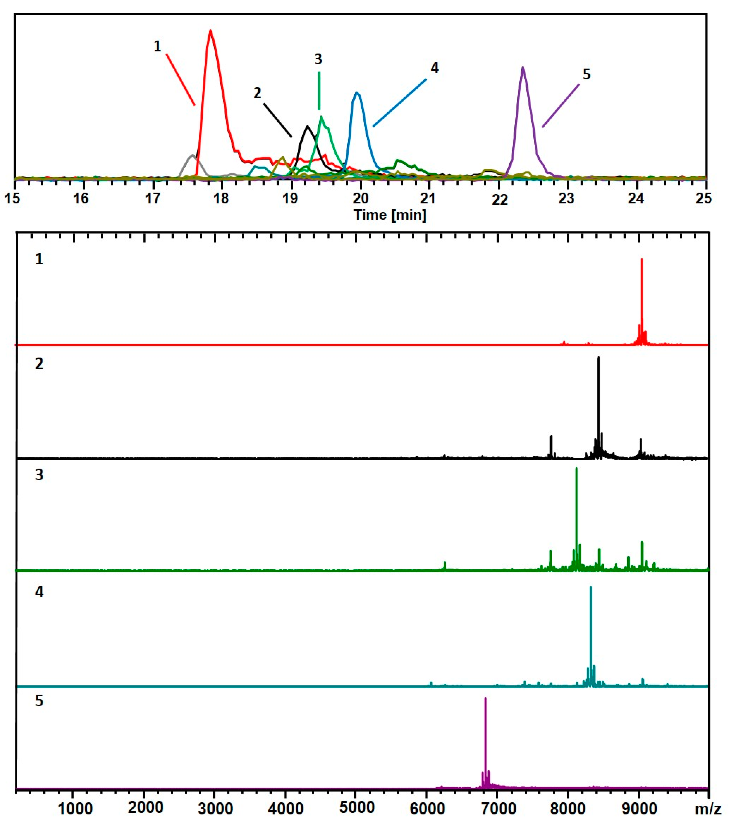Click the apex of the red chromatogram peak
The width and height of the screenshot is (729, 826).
point(210,31)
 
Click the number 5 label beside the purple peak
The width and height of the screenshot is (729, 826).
point(587,74)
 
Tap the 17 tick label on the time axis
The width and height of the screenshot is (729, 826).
point(153,199)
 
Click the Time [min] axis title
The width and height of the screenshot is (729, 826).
point(390,215)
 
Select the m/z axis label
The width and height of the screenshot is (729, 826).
point(708,809)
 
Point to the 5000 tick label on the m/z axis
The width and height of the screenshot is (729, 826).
point(356,808)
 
